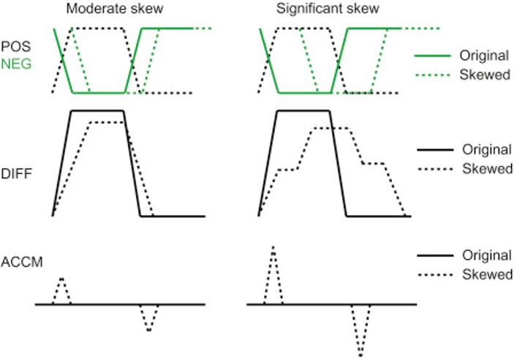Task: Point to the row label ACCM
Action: click(18, 260)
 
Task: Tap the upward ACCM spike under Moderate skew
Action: click(61, 279)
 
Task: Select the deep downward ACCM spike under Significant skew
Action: click(360, 355)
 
